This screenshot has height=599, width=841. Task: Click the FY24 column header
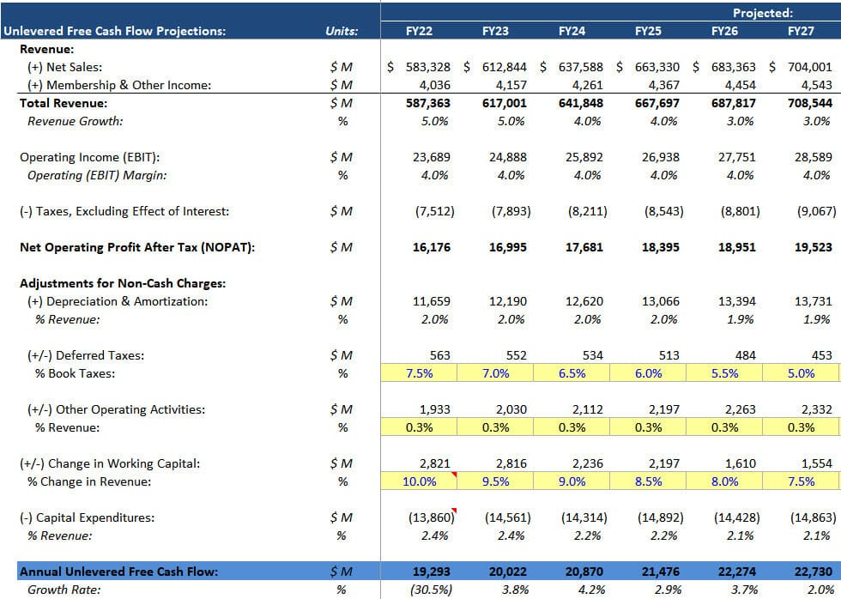pyautogui.click(x=572, y=31)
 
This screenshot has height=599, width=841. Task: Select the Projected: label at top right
pyautogui.click(x=762, y=13)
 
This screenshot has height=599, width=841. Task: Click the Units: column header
pyautogui.click(x=342, y=31)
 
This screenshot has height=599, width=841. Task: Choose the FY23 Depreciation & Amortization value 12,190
pyautogui.click(x=508, y=301)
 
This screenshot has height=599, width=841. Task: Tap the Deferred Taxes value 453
pyautogui.click(x=821, y=355)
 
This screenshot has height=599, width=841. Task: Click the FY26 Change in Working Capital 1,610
pyautogui.click(x=741, y=463)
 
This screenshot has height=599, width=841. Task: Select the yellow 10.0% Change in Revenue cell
pyautogui.click(x=419, y=481)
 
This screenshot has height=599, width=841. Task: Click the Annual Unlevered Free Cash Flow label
pyautogui.click(x=118, y=572)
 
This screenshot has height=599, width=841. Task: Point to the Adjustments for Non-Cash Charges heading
pyautogui.click(x=123, y=283)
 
